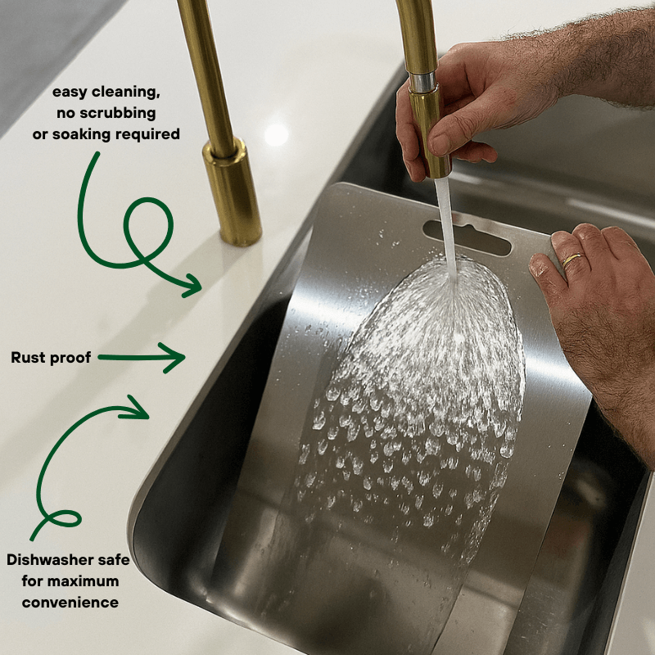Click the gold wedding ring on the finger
pyautogui.click(x=571, y=260)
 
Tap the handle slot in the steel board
pyautogui.click(x=467, y=237)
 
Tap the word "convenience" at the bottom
pyautogui.click(x=70, y=603)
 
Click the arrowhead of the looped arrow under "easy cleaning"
pyautogui.click(x=191, y=285)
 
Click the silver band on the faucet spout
pyautogui.click(x=422, y=82)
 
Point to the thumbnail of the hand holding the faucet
pyautogui.click(x=440, y=142)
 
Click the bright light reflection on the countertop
pyautogui.click(x=276, y=135)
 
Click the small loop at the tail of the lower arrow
pyautogui.click(x=63, y=518)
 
